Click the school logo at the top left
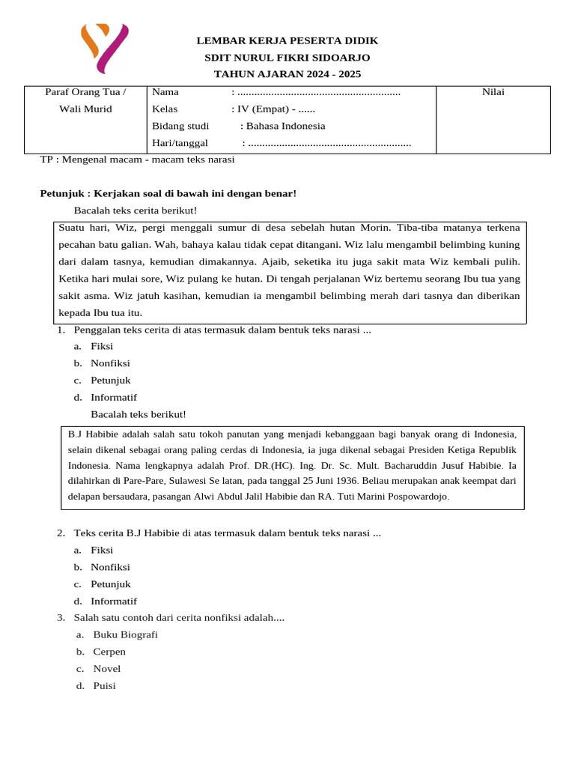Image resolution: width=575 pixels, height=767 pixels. (x=105, y=48)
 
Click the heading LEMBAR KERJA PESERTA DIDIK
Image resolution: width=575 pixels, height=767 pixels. (x=287, y=40)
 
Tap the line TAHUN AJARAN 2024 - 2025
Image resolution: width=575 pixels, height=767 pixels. (x=287, y=73)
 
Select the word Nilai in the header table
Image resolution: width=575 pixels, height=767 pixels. (x=493, y=92)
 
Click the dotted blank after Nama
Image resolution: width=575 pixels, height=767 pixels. (x=319, y=92)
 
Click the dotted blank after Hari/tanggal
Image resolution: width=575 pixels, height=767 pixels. (x=329, y=143)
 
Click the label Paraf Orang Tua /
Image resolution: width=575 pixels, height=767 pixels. (x=85, y=92)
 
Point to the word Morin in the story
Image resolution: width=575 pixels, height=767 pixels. (x=375, y=227)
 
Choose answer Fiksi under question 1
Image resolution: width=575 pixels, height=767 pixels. (x=102, y=346)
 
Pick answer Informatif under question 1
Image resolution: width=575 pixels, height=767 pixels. (x=114, y=397)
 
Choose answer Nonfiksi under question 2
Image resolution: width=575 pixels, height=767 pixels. (x=110, y=567)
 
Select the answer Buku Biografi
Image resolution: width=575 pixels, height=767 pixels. (x=125, y=634)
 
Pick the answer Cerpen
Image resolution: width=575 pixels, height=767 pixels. (x=109, y=652)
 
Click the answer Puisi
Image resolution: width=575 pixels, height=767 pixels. (x=104, y=685)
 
